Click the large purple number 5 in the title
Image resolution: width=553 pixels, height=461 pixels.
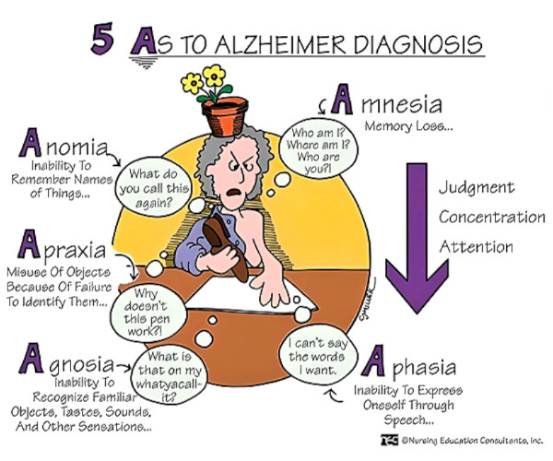click(x=102, y=39)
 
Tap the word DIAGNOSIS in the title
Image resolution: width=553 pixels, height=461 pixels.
click(x=418, y=44)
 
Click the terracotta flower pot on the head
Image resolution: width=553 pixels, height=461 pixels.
click(x=225, y=116)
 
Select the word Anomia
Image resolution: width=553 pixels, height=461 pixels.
click(x=64, y=143)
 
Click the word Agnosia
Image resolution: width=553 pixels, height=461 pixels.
click(x=66, y=360)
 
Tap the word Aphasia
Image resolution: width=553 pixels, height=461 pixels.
click(x=408, y=362)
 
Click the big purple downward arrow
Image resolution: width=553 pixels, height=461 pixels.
click(x=418, y=238)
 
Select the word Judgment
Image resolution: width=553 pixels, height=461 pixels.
click(x=477, y=187)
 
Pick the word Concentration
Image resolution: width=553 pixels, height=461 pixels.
click(x=492, y=217)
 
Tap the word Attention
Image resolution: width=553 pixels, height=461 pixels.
click(x=477, y=246)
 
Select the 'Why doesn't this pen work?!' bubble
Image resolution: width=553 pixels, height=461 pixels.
click(x=148, y=313)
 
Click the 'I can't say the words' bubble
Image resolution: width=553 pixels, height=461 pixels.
click(x=318, y=355)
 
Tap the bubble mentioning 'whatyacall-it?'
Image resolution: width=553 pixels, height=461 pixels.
click(x=170, y=375)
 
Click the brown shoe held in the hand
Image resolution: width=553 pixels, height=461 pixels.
click(x=226, y=246)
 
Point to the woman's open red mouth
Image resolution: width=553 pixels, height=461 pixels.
click(x=233, y=193)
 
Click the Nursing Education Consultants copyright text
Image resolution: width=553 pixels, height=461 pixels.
click(x=463, y=440)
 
